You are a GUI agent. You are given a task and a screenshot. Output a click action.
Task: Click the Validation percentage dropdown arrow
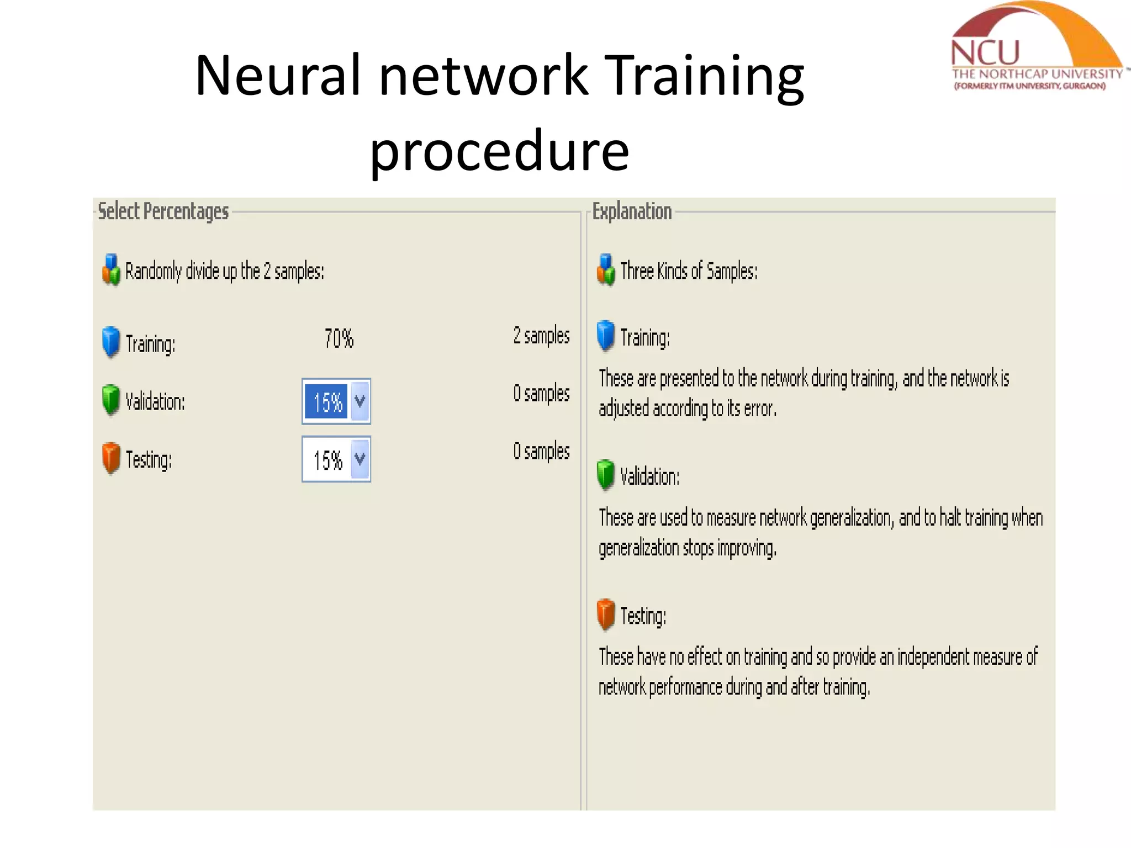pos(360,401)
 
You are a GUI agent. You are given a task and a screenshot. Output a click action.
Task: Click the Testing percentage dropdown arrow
pos(360,459)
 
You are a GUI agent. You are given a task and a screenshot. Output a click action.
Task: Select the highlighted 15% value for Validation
pos(327,402)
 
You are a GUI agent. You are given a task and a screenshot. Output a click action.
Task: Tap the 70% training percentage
pos(339,338)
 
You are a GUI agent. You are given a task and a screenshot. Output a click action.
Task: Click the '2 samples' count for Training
pos(541,336)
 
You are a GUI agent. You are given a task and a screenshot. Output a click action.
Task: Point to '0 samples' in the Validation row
pos(541,394)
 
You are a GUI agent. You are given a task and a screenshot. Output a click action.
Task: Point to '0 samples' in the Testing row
pos(541,452)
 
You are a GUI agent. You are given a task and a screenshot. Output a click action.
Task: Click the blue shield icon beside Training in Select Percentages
pos(111,341)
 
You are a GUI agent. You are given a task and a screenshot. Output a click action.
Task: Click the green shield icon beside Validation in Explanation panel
pos(606,474)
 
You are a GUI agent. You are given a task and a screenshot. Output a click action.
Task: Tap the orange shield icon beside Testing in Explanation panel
pos(606,614)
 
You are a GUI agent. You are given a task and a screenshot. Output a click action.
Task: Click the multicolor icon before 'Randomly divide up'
pos(111,270)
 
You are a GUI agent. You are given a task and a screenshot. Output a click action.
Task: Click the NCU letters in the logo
pos(985,53)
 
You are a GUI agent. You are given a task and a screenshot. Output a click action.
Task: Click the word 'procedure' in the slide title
pos(499,150)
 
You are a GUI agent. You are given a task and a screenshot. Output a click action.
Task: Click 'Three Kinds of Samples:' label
pos(689,271)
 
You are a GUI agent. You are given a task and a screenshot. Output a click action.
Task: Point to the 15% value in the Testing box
pos(327,460)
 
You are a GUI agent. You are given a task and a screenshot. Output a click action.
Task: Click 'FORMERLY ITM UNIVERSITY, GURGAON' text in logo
pos(1029,86)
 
